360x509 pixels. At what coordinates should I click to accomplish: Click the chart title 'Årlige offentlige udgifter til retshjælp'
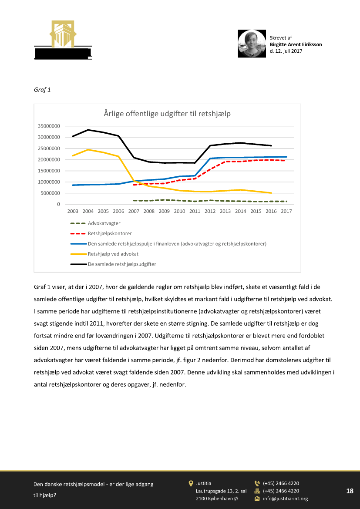click(x=167, y=114)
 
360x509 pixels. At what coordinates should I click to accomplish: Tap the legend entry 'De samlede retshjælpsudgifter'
click(x=122, y=264)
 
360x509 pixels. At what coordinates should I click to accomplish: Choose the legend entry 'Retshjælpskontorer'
click(x=110, y=233)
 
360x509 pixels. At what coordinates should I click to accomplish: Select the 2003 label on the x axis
click(x=73, y=211)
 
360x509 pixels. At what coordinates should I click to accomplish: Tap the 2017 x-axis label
click(x=286, y=211)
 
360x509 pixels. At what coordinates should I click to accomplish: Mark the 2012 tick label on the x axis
click(x=210, y=211)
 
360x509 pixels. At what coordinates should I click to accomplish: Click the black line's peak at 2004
click(x=88, y=130)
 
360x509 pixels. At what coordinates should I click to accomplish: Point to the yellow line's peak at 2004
click(x=88, y=149)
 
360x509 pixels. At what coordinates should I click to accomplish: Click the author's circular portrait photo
click(x=252, y=44)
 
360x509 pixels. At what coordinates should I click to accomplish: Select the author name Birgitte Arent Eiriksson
click(x=296, y=44)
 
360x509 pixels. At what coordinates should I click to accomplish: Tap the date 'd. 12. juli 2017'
click(x=286, y=51)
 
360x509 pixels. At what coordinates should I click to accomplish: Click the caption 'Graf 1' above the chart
click(x=42, y=90)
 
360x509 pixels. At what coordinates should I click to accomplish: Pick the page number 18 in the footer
click(x=350, y=491)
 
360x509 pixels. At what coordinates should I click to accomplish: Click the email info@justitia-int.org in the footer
click(x=285, y=499)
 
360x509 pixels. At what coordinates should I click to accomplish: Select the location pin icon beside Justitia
click(x=191, y=483)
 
